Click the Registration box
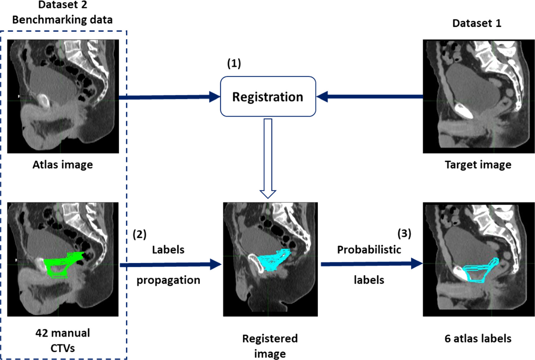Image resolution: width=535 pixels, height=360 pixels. [268, 97]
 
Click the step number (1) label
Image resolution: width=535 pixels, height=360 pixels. [234, 63]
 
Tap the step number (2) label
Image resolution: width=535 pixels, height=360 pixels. [139, 234]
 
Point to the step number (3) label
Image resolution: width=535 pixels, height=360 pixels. [404, 233]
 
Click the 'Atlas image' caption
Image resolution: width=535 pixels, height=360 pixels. [63, 165]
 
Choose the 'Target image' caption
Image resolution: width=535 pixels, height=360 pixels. [478, 165]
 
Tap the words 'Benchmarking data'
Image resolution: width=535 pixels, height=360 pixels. [62, 20]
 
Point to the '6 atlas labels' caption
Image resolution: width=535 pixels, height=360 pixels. [478, 338]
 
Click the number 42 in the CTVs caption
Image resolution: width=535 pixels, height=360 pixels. [41, 333]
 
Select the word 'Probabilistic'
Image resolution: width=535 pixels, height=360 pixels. [369, 249]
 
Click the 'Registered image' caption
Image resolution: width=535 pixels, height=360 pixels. [270, 346]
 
